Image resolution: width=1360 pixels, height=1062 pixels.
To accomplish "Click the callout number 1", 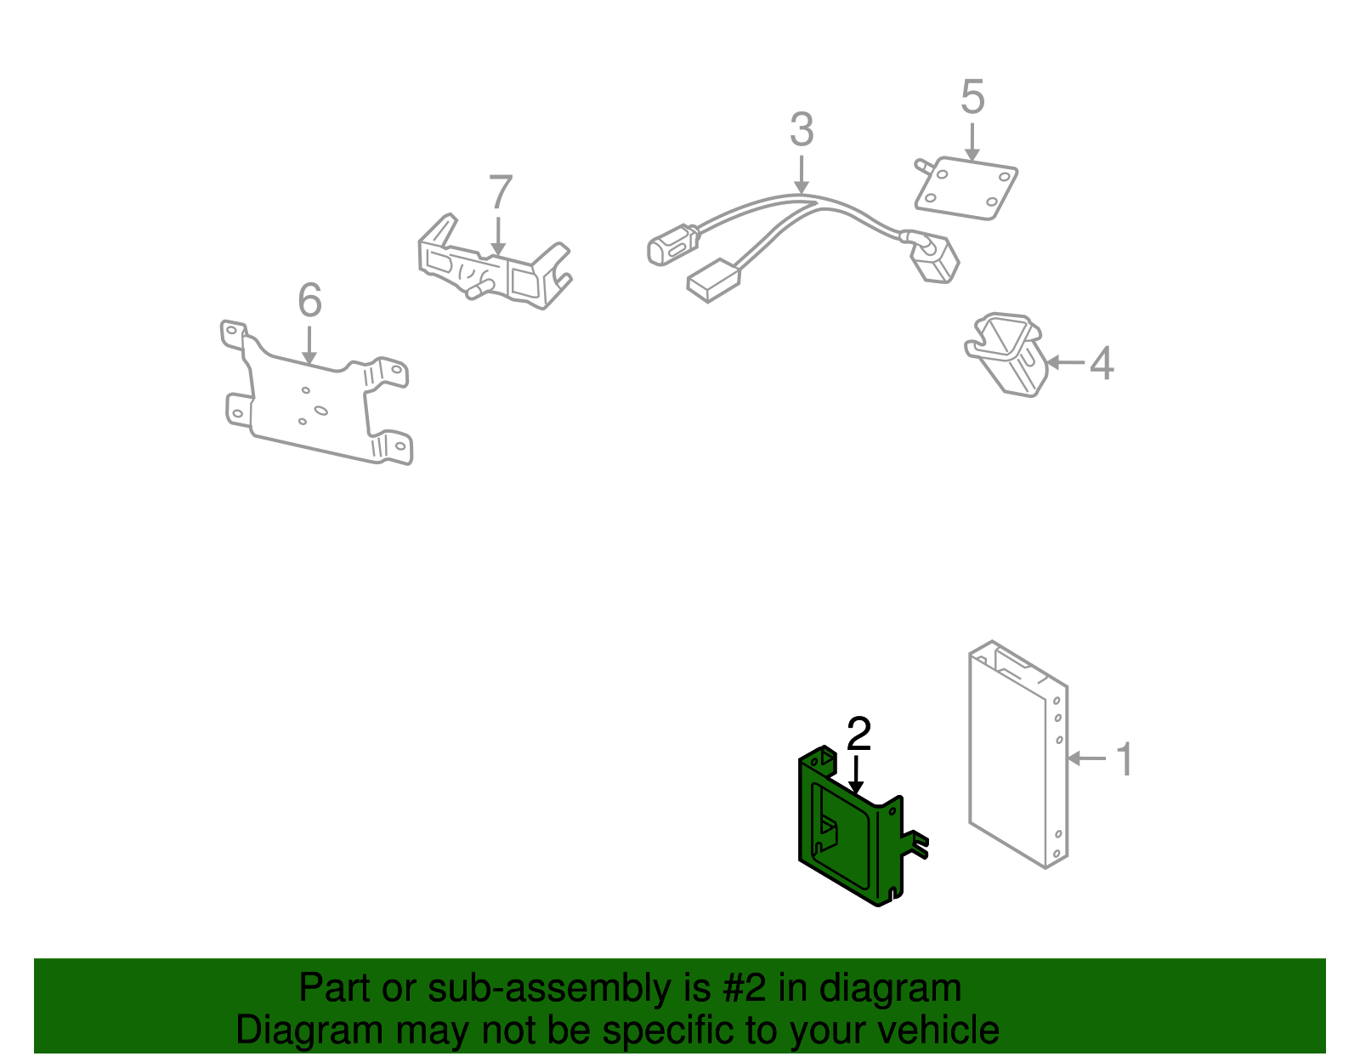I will coord(1124,758).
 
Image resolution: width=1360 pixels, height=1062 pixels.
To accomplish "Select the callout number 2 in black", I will coord(858,734).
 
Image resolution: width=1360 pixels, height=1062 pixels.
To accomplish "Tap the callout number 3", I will coord(801,130).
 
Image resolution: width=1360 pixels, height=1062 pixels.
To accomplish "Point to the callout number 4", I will coord(1101,363).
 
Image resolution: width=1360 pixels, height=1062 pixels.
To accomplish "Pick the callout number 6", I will coord(309,300).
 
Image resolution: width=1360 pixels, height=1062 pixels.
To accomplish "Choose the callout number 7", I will coord(501,193).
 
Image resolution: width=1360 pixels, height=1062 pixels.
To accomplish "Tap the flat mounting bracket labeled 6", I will coord(314,400).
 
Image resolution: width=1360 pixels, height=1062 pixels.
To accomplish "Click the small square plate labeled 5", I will coord(967,189).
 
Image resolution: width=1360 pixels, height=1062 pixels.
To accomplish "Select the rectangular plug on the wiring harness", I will coord(712,280).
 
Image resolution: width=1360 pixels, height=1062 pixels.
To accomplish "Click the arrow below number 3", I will coord(801,176).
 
